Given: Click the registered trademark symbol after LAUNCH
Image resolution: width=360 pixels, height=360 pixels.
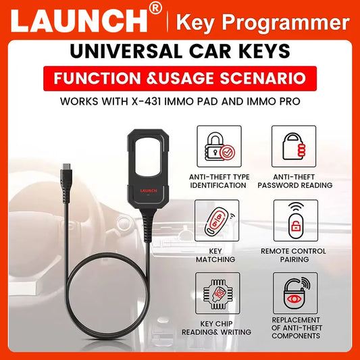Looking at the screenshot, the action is [155, 8].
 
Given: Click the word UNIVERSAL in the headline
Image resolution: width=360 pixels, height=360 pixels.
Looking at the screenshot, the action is [126, 51].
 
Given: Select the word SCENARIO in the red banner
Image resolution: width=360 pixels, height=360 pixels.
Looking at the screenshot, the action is [263, 78].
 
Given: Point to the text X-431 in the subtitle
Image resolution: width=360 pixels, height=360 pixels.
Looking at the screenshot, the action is [146, 101].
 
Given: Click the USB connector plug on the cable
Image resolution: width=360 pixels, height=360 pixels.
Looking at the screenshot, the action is [66, 182].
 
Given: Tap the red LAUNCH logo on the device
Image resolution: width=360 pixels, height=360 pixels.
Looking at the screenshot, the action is [149, 190].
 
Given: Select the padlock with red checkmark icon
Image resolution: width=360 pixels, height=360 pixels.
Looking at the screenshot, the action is [220, 147].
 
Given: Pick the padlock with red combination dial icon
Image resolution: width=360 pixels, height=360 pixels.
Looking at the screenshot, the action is [294, 147].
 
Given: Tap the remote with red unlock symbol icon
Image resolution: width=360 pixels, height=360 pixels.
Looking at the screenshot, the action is [296, 220].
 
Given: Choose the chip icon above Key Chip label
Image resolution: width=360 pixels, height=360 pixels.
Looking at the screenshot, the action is [217, 294].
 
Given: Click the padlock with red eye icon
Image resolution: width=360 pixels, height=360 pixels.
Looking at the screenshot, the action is [295, 293].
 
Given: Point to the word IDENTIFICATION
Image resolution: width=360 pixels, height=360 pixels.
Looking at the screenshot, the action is [218, 185].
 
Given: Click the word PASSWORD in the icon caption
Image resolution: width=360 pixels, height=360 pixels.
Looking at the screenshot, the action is [278, 185].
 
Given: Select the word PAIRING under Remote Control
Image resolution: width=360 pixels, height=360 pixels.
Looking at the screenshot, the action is [294, 259].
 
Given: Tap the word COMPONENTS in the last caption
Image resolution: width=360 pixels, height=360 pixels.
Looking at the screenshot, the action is [296, 336].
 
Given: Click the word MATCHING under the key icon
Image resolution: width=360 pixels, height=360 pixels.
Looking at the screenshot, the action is [215, 259].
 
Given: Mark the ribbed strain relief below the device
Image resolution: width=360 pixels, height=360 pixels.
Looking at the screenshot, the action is [148, 226].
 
